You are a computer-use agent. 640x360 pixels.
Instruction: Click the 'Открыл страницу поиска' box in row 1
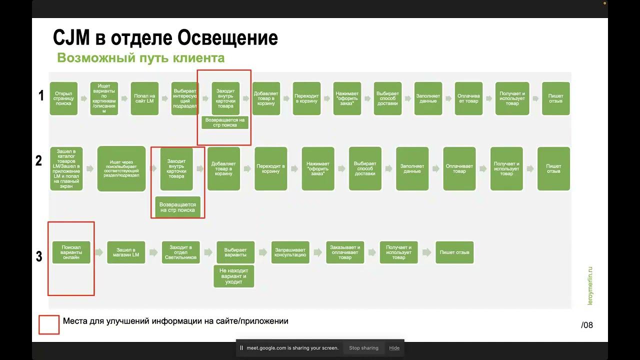63,98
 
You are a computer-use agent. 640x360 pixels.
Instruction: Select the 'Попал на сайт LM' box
144,98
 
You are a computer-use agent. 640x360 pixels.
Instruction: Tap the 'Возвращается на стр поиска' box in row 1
225,122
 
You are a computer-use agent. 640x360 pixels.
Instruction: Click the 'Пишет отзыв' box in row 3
454,252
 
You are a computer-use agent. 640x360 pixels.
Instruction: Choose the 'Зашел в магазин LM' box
126,252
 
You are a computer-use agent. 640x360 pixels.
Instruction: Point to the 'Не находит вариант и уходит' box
233,276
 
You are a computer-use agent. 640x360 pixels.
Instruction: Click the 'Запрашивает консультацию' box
290,252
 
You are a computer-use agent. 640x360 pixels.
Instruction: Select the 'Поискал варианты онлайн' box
71,252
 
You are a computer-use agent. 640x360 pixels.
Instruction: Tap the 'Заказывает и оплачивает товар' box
345,252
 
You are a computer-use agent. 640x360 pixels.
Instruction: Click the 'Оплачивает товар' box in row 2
459,168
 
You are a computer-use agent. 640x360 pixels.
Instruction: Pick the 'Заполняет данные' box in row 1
428,98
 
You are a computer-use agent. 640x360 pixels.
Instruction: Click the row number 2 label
39,161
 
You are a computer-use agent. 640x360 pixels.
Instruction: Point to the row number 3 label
39,256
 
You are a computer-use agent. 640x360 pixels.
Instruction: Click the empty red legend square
49,324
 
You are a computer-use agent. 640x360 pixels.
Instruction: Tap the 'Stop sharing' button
363,348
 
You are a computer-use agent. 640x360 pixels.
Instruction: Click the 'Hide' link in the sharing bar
394,348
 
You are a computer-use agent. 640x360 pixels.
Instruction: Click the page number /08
587,325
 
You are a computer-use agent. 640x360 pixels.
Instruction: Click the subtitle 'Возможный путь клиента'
140,58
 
